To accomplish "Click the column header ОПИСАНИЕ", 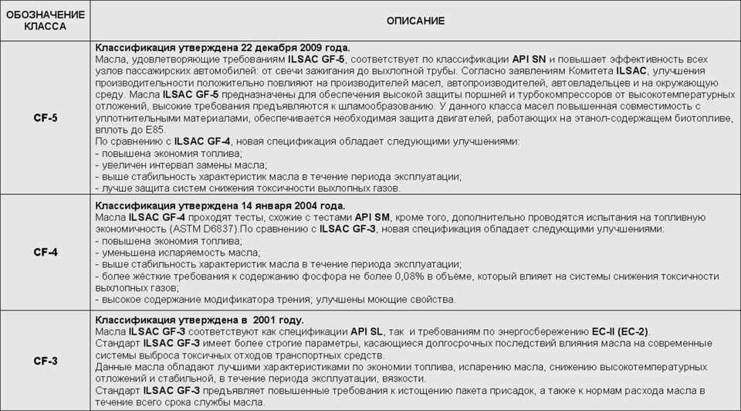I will [415, 21].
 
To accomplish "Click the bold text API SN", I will [532, 59].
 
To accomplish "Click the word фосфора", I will [330, 276].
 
